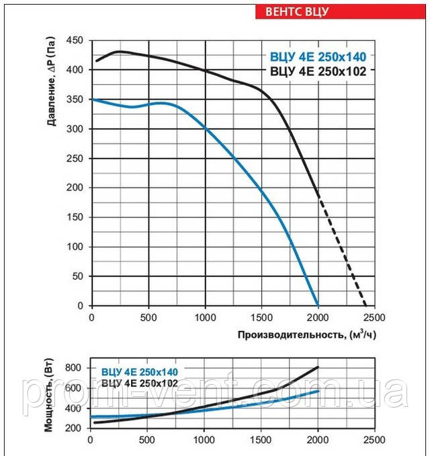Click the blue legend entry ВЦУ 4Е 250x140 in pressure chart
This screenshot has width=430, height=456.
[318, 56]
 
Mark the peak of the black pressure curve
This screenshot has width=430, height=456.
[119, 51]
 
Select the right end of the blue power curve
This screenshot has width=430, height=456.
[318, 391]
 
